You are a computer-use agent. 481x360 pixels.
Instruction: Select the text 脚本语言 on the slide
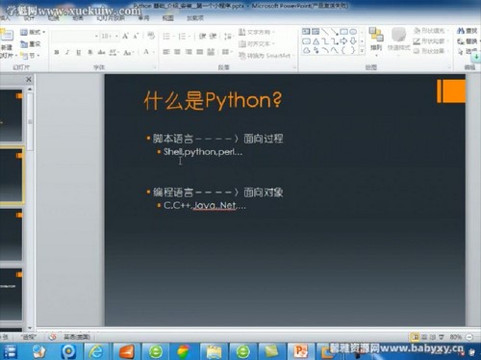click(x=171, y=139)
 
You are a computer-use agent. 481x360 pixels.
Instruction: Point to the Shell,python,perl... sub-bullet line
click(x=203, y=152)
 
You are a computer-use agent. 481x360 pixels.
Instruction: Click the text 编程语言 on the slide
click(x=171, y=193)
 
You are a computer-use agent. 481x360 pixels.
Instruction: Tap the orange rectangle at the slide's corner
click(x=450, y=91)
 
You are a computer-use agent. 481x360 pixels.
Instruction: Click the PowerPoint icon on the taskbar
click(x=300, y=350)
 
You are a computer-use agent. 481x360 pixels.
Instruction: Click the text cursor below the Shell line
click(x=180, y=161)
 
